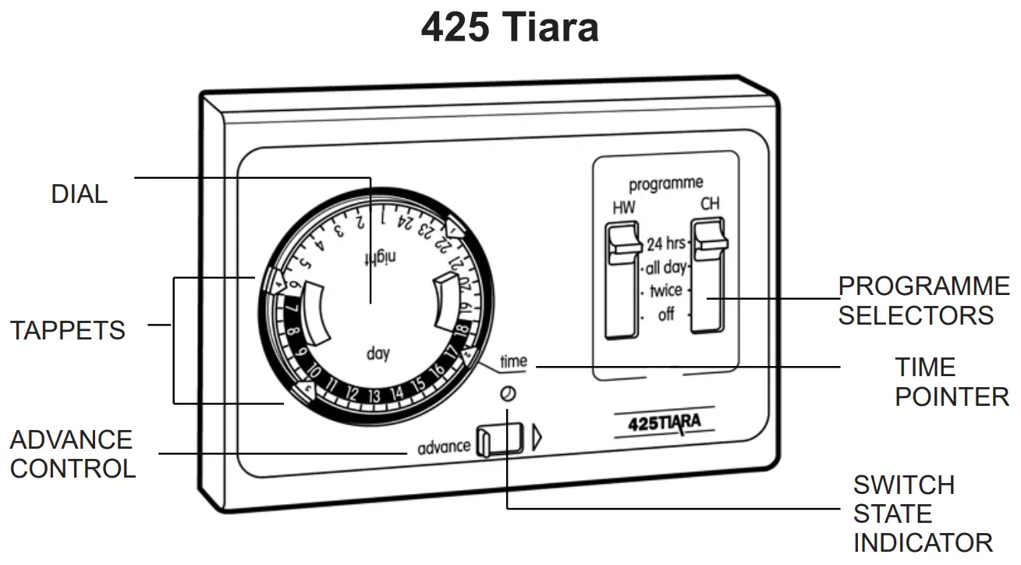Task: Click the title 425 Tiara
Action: (x=510, y=28)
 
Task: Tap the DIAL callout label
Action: (x=79, y=194)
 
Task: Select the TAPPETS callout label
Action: (x=68, y=330)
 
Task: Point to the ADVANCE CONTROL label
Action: (x=73, y=454)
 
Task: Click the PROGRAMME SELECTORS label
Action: (x=924, y=300)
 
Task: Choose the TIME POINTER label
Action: (x=952, y=382)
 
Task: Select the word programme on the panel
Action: (x=666, y=184)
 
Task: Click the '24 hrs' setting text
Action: (x=665, y=243)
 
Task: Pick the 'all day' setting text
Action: (x=665, y=268)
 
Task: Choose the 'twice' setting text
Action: (x=665, y=291)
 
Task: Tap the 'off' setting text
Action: (x=666, y=315)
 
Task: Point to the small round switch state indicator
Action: (x=508, y=395)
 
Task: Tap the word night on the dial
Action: (x=381, y=258)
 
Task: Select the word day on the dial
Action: (x=378, y=354)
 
